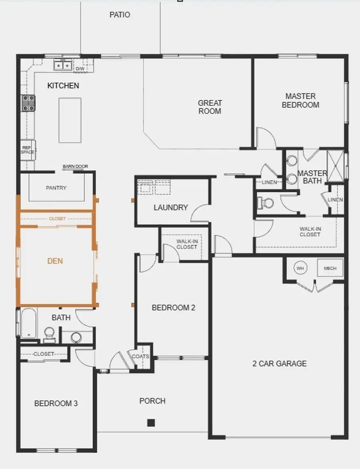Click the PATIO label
[x=120, y=15]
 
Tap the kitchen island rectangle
[x=70, y=120]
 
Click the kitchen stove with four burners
[x=28, y=103]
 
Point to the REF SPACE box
[x=28, y=150]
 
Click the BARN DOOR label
[x=75, y=166]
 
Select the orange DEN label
[x=55, y=261]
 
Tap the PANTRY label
[x=56, y=188]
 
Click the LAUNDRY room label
[x=171, y=208]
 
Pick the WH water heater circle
[x=300, y=268]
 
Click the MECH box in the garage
[x=330, y=268]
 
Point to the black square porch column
[x=151, y=422]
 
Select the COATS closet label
[x=140, y=356]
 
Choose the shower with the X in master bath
[x=336, y=165]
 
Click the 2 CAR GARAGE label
[x=280, y=363]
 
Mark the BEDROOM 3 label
[x=56, y=403]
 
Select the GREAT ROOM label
[x=210, y=107]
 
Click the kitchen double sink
[x=63, y=64]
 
